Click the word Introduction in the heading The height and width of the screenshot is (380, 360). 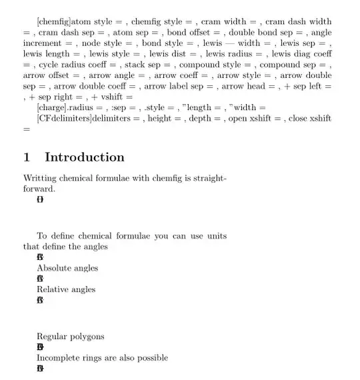point(84,157)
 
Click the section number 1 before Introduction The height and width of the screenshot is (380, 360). point(27,157)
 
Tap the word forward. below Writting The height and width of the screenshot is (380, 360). point(39,189)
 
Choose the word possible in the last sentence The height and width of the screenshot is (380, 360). point(151,357)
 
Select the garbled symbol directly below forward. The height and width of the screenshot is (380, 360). point(40,199)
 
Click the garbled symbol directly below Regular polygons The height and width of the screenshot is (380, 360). point(41,347)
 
